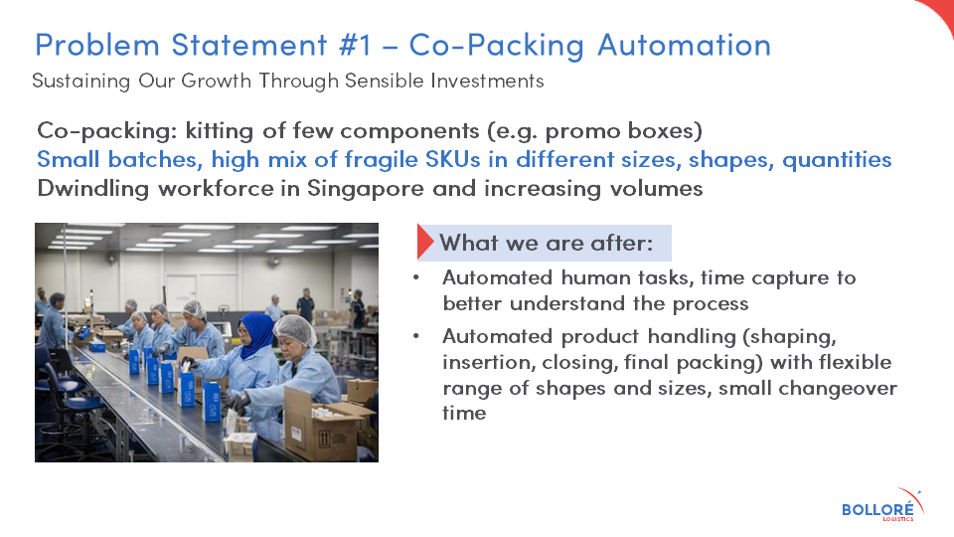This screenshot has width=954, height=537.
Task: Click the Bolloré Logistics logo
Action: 882,505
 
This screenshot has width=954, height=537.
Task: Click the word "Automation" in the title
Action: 684,45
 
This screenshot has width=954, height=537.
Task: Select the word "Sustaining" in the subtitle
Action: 80,81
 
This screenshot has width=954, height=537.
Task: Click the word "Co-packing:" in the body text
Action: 106,131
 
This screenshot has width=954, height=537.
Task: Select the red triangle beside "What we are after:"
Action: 424,243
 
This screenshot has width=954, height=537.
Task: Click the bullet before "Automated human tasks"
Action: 416,277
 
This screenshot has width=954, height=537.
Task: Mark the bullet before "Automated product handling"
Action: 416,336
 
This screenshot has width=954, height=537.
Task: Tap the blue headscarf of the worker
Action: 255,334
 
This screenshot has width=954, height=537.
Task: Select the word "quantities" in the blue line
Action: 837,160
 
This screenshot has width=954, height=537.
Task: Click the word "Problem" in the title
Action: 97,45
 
